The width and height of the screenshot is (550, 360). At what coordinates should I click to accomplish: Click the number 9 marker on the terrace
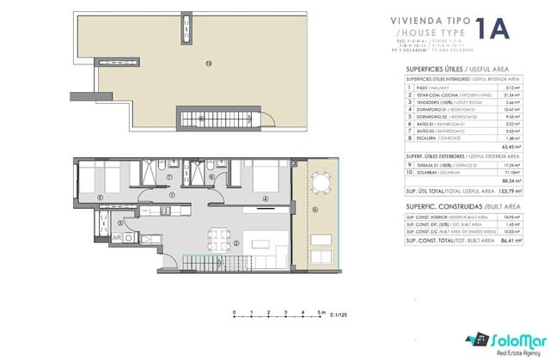pos(315,208)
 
